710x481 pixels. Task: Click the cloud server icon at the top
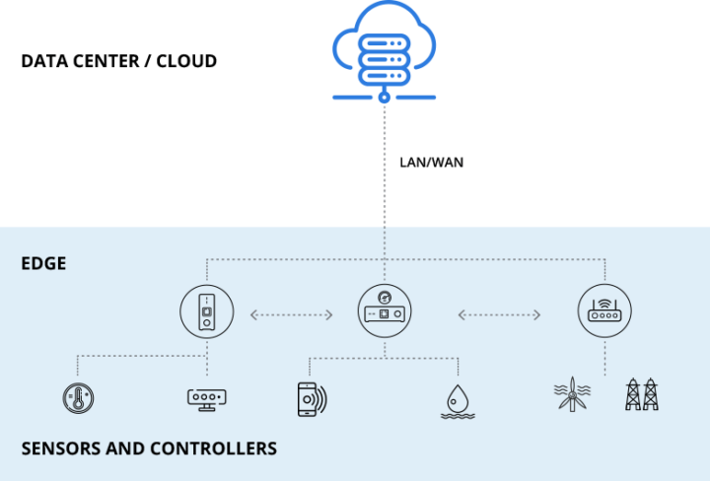pos(384,49)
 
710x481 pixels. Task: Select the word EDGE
pos(43,264)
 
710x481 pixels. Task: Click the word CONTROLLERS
pos(213,448)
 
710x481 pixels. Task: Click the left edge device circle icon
pos(207,313)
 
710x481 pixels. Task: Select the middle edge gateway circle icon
pos(385,313)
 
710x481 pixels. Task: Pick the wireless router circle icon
pos(603,313)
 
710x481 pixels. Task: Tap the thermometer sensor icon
pos(77,397)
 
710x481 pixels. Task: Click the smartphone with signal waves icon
pos(311,398)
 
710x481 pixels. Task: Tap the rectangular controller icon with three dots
pos(207,398)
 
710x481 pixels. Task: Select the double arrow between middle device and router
pos(499,314)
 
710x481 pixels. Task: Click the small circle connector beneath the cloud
pos(384,98)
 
